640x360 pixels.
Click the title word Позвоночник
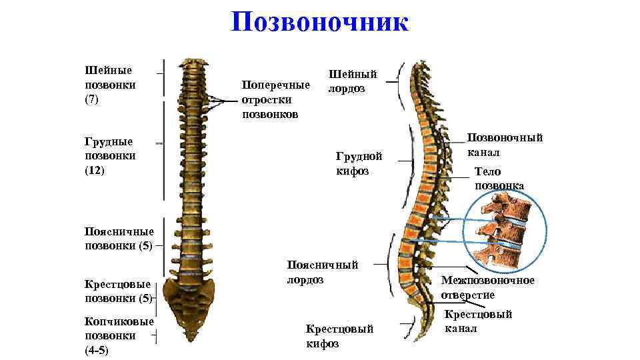click(x=319, y=23)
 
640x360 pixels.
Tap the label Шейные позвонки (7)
click(x=110, y=85)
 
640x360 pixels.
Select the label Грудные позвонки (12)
click(x=110, y=155)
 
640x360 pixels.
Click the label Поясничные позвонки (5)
click(x=119, y=238)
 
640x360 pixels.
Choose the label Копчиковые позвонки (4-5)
click(x=119, y=335)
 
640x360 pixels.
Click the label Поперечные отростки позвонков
click(x=276, y=99)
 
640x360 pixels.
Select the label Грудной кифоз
click(x=359, y=163)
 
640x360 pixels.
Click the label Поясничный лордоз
click(x=322, y=272)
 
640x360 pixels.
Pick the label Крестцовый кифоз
click(x=339, y=336)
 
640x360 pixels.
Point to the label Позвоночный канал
click(x=505, y=145)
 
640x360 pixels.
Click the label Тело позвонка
click(x=499, y=179)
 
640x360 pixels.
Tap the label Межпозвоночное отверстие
click(x=487, y=287)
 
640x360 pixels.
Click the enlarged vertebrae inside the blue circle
click(x=503, y=227)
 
